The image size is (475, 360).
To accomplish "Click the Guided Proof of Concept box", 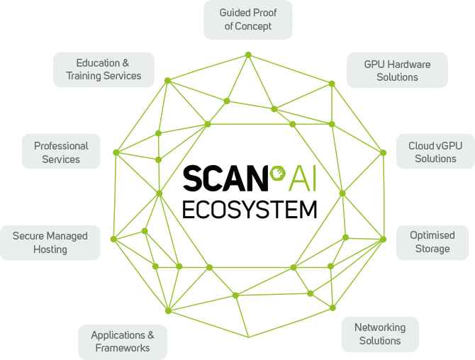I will pyautogui.click(x=247, y=20).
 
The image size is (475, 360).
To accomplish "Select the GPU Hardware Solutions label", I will pyautogui.click(x=397, y=70).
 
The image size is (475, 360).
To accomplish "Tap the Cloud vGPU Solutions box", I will pyautogui.click(x=435, y=152).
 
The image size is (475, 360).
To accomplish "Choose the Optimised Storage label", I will pyautogui.click(x=431, y=242).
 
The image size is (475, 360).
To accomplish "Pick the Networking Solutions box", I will pyautogui.click(x=380, y=334).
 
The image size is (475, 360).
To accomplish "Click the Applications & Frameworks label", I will pyautogui.click(x=123, y=342).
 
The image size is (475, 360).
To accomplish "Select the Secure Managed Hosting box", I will pyautogui.click(x=50, y=242).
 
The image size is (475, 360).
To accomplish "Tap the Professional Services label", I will pyautogui.click(x=61, y=152).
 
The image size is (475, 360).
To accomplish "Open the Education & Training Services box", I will pyautogui.click(x=104, y=69).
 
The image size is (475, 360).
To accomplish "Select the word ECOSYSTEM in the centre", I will pyautogui.click(x=250, y=208).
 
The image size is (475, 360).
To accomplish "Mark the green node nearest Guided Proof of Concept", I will pyautogui.click(x=248, y=55).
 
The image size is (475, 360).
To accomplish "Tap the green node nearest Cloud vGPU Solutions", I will pyautogui.click(x=384, y=152).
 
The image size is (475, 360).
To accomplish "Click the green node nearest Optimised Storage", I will pyautogui.click(x=384, y=240).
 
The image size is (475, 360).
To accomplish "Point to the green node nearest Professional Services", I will pyautogui.click(x=116, y=152).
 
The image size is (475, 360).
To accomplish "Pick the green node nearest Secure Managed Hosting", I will pyautogui.click(x=113, y=239).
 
